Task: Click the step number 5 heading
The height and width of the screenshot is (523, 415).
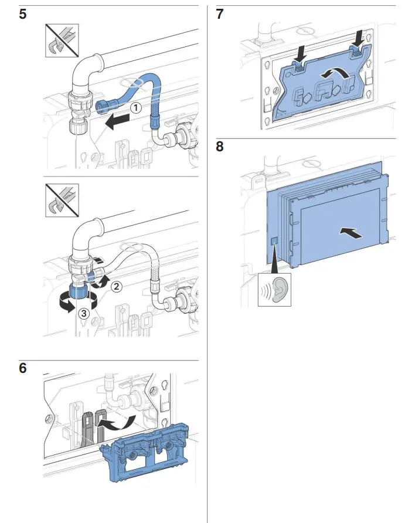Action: pos(22,14)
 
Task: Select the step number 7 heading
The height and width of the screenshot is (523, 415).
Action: pos(220,14)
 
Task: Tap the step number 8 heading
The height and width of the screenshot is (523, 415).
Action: pos(220,146)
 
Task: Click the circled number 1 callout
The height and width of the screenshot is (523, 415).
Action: pos(135,108)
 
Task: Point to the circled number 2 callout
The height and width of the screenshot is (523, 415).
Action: pos(117,287)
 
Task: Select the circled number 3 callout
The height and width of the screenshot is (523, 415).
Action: pos(84,313)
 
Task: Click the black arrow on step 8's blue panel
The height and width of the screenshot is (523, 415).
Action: pos(352,233)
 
